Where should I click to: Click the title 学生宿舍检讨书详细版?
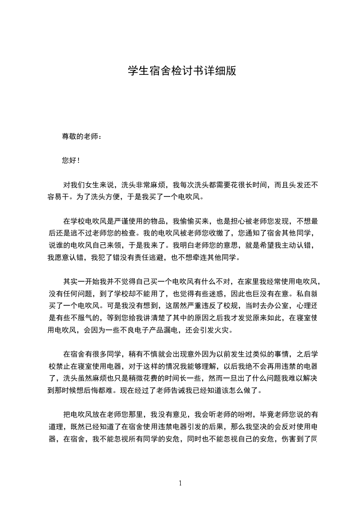coord(182,72)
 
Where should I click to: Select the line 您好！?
coord(71,160)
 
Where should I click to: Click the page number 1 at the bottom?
coord(180,483)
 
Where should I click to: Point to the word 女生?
coord(93,185)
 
